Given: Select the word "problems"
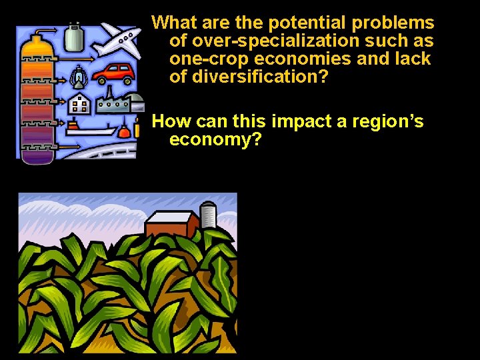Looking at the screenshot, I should [x=393, y=23].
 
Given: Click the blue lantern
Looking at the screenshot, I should [x=79, y=75].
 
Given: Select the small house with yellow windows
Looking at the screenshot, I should [x=80, y=103].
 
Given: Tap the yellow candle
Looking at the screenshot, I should [x=137, y=127].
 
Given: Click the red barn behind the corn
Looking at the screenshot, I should [x=171, y=224].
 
